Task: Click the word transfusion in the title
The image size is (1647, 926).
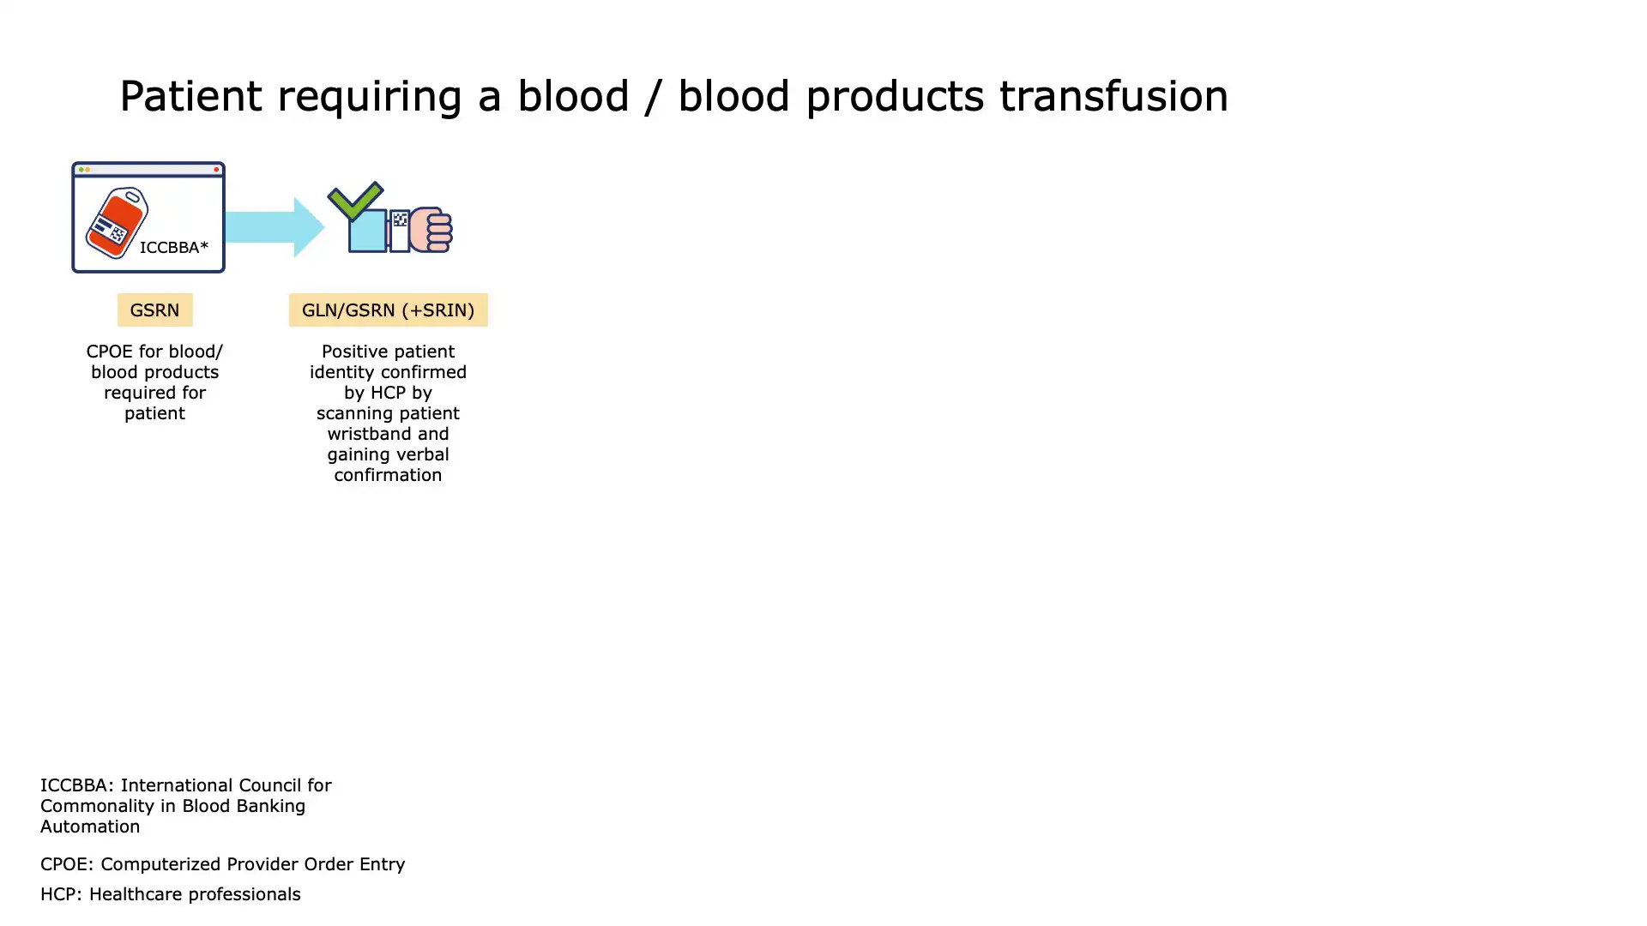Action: coord(1113,96)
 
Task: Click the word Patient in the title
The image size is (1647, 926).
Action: coord(190,96)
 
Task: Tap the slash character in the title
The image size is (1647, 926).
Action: coord(653,96)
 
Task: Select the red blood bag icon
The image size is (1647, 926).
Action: coord(118,223)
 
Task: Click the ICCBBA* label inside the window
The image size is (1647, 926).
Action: coord(174,248)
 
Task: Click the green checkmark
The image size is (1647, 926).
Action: coord(355,201)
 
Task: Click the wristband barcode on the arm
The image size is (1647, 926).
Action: coord(400,220)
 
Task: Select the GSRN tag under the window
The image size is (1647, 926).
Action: coord(154,310)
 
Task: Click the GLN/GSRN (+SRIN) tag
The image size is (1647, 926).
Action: coord(388,310)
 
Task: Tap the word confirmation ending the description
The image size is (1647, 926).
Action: coord(388,475)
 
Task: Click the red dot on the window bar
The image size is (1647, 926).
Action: coord(216,170)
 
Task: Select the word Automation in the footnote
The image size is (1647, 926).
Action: coord(90,827)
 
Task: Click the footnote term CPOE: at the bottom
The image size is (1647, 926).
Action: coord(67,864)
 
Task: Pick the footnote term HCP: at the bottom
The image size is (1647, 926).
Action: coord(61,894)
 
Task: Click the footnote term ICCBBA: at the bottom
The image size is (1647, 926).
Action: coord(76,785)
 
